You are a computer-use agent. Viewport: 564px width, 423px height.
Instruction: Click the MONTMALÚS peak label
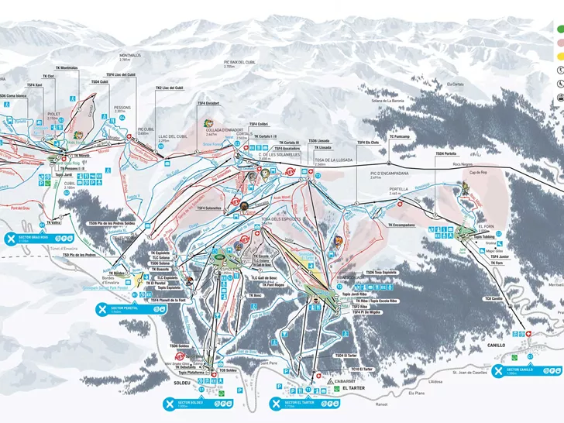point(108,57)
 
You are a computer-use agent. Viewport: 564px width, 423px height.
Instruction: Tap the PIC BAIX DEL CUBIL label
point(239,64)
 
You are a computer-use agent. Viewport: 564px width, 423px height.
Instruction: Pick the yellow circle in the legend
point(558,57)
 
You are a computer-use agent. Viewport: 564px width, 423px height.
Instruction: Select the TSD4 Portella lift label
point(445,153)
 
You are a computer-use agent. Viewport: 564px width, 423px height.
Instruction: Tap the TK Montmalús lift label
point(67,68)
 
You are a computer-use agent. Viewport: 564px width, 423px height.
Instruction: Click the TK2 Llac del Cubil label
point(170,88)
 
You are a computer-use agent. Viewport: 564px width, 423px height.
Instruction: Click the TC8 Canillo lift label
point(494,299)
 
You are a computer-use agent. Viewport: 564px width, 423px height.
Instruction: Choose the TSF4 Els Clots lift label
point(368,143)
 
